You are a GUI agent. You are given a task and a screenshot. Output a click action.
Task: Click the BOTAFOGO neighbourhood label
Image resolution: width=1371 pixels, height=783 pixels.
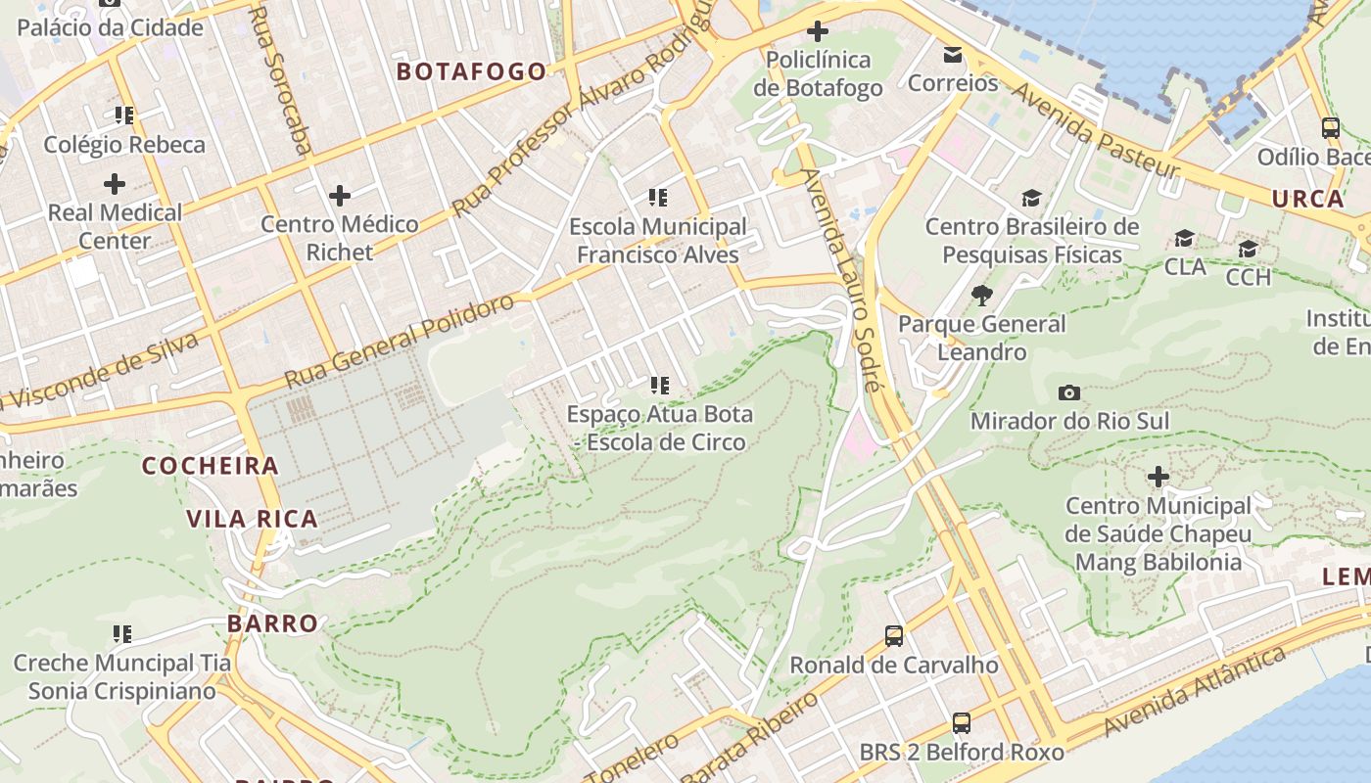tap(471, 71)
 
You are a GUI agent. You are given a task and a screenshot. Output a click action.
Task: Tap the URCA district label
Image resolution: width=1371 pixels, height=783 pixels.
tap(1307, 199)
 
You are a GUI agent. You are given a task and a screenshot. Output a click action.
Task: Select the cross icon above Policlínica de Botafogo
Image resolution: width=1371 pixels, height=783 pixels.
tap(817, 31)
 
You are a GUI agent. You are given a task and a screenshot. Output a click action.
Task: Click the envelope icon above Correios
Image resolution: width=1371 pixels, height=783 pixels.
tap(952, 55)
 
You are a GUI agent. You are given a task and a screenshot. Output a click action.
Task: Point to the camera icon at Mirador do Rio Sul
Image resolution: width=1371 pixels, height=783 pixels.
tap(1069, 393)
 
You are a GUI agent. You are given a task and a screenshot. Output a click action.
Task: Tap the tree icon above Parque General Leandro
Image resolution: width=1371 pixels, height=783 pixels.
tap(981, 295)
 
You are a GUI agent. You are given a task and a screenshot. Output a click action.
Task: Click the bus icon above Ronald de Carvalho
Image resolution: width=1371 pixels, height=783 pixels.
tap(894, 636)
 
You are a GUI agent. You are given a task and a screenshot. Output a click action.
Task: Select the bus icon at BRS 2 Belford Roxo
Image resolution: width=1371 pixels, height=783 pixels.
tap(962, 723)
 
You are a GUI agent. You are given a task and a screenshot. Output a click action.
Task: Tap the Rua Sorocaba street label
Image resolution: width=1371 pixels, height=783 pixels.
tap(281, 78)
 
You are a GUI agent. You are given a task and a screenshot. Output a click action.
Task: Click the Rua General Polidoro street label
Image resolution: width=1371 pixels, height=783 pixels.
tap(399, 341)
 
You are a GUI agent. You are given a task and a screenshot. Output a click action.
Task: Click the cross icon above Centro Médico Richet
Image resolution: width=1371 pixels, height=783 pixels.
tap(340, 196)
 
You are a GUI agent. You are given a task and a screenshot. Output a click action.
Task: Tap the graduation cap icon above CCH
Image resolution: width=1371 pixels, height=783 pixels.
tap(1248, 249)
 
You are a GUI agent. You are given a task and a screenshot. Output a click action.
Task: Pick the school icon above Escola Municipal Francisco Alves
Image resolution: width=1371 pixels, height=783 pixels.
tap(658, 198)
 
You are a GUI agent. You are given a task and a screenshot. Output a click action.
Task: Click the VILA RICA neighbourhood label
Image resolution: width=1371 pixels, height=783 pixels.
tap(253, 519)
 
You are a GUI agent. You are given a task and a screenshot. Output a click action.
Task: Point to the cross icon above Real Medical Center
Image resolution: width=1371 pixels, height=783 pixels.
tap(115, 183)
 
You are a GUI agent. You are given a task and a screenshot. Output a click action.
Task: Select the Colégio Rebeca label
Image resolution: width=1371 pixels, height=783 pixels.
tap(124, 145)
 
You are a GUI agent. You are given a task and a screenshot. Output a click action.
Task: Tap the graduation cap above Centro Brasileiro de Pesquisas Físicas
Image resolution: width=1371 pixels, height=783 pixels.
tap(1031, 199)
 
